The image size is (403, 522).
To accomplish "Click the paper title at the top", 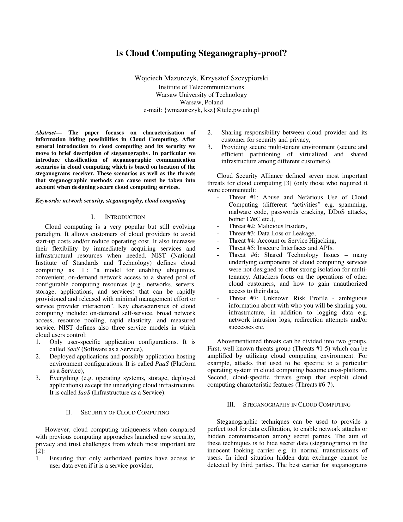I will [x=201, y=53].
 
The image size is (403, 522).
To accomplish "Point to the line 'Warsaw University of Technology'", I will [x=201, y=95].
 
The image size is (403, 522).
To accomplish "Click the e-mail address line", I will [x=201, y=110].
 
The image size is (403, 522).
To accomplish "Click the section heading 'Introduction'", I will [x=125, y=217].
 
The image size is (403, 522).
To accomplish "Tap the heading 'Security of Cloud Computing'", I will [x=125, y=413].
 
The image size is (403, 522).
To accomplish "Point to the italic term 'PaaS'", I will [x=162, y=364].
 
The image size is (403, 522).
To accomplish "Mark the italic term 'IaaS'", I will [x=84, y=393].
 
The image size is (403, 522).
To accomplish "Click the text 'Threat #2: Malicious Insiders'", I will [x=268, y=226].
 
